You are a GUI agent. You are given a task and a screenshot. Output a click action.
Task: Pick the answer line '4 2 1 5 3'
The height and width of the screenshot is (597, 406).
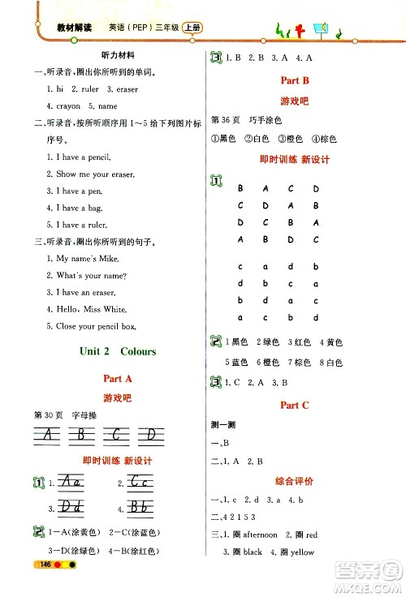242,517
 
